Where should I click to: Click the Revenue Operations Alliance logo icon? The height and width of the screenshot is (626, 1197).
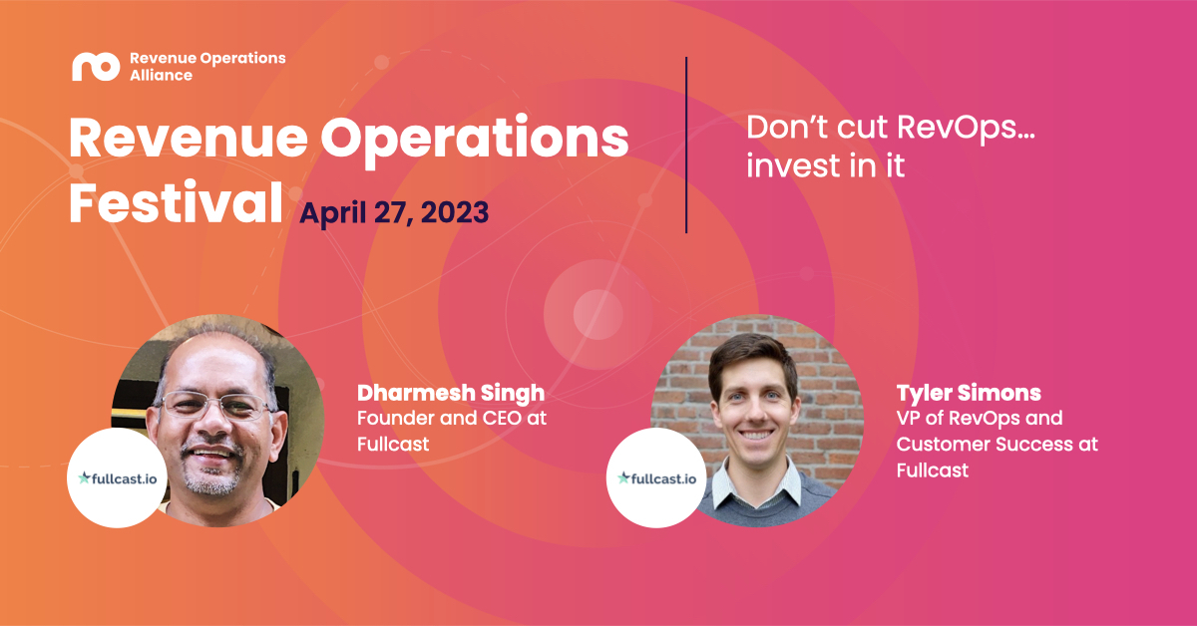tap(96, 67)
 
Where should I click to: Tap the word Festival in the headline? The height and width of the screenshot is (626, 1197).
tap(176, 203)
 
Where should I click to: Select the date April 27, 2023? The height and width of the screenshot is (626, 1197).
tap(394, 212)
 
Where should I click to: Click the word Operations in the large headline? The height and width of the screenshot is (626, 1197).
tap(475, 139)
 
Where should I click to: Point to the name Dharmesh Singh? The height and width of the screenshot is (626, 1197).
tap(451, 393)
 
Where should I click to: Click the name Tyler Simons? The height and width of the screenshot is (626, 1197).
tap(969, 394)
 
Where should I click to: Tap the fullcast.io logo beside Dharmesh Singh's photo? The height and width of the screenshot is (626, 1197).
tap(117, 478)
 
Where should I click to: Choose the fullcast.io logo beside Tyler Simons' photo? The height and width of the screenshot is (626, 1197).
tap(656, 478)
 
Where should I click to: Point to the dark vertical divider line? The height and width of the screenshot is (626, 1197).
tap(686, 145)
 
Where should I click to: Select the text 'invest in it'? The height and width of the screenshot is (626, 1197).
tap(825, 165)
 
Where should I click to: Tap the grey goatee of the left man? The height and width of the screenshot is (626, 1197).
tap(212, 476)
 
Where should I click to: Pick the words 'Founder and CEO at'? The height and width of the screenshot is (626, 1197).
tap(452, 419)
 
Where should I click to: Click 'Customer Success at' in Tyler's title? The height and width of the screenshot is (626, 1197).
tap(997, 445)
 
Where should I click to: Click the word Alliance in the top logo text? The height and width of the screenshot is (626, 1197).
tap(161, 76)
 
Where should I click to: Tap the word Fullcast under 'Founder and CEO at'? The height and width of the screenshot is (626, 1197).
tap(393, 445)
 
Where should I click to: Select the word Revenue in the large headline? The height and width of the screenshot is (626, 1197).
tap(189, 139)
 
